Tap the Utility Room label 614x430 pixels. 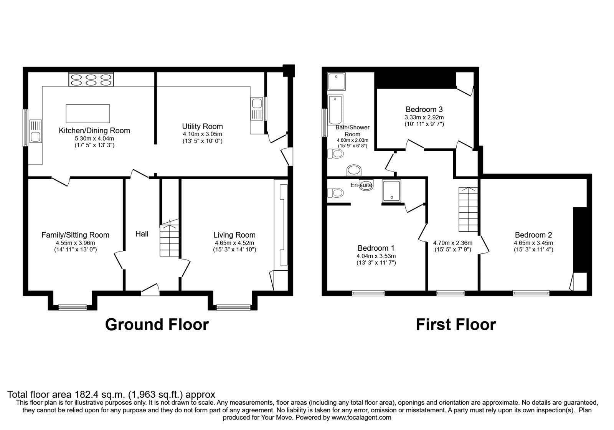click(x=202, y=126)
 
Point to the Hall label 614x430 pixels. click(x=142, y=234)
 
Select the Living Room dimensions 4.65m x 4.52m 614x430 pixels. click(x=234, y=243)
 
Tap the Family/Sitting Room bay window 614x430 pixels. click(x=73, y=307)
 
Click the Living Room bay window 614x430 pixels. click(x=233, y=307)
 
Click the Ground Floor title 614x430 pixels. click(x=157, y=325)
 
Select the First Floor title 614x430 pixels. click(x=456, y=325)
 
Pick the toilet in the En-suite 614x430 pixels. click(x=335, y=192)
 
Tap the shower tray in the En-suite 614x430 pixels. click(x=391, y=191)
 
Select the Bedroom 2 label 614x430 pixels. click(x=533, y=235)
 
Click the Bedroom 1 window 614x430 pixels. click(x=368, y=293)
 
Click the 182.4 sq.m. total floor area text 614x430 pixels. click(x=111, y=394)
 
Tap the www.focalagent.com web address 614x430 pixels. click(x=361, y=417)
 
